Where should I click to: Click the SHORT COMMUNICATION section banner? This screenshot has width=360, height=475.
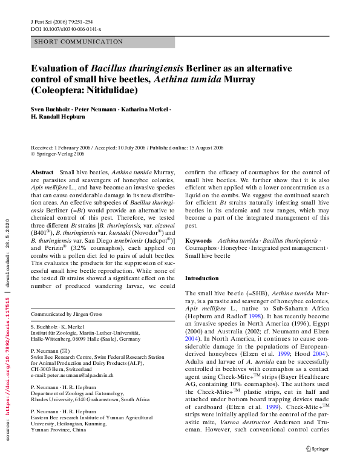[x=79, y=42]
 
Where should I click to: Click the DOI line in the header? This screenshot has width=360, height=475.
[x=66, y=29]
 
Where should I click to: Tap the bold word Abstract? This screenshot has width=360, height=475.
[x=42, y=172]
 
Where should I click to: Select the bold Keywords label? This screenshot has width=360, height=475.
[x=198, y=240]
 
